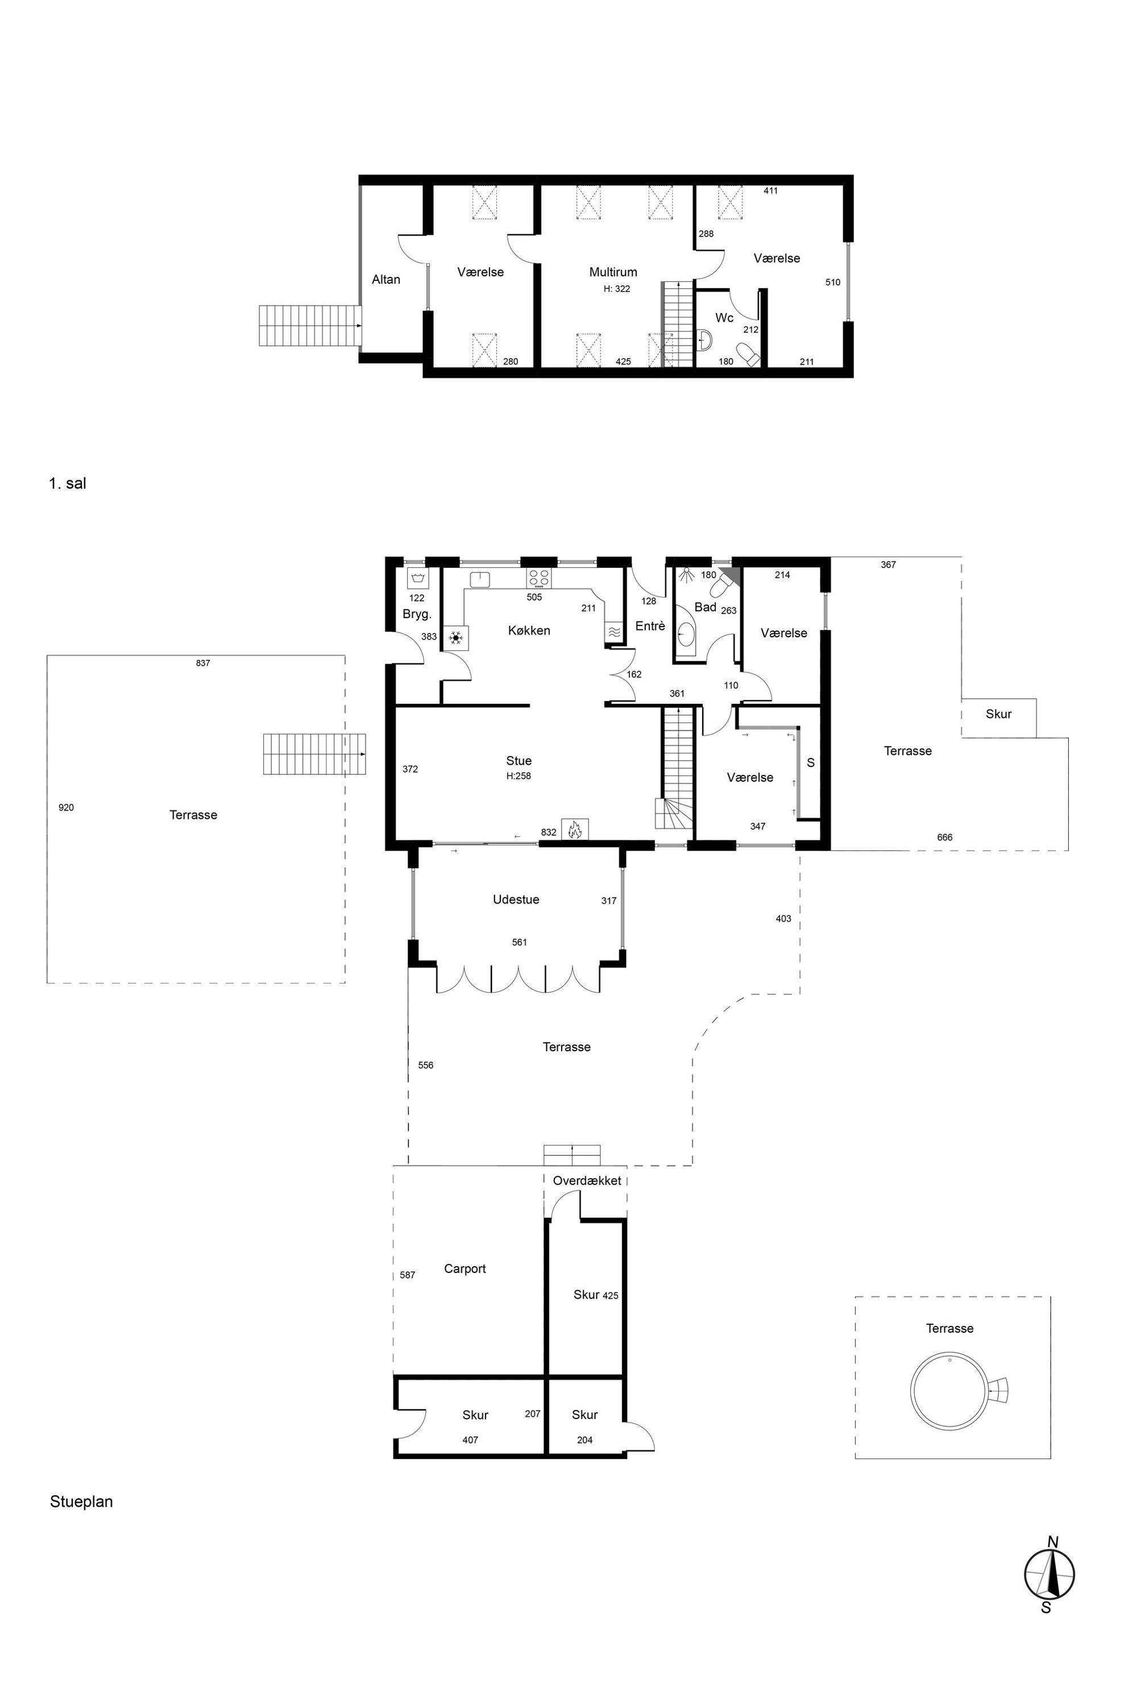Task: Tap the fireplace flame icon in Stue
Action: point(575,830)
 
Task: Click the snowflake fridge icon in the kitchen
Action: point(455,637)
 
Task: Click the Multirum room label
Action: point(613,272)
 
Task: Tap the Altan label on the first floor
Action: point(385,279)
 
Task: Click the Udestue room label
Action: point(516,899)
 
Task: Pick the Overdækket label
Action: point(587,1180)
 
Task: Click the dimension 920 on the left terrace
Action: point(66,808)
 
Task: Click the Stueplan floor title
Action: point(81,1496)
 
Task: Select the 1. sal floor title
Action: point(68,483)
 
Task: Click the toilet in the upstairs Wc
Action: point(748,355)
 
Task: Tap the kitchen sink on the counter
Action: point(480,579)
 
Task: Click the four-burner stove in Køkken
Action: point(539,578)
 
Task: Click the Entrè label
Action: point(650,627)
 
